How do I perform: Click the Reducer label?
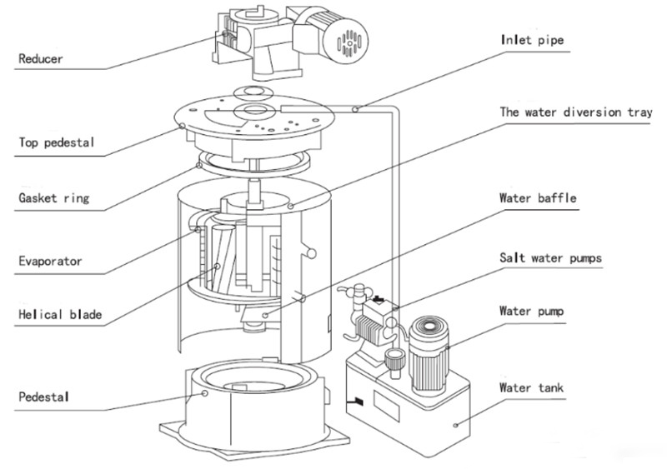tap(40, 58)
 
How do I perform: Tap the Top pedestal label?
tap(56, 142)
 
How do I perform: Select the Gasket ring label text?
tap(54, 198)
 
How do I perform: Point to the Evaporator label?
tap(50, 261)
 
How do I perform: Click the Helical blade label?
tap(60, 315)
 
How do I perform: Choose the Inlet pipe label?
tap(532, 40)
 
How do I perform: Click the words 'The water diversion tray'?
tap(576, 112)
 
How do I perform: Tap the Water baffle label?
tap(538, 198)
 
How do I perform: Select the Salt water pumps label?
tap(550, 258)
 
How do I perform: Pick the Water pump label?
tap(531, 312)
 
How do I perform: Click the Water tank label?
tap(531, 388)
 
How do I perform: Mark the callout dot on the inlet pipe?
tap(355, 109)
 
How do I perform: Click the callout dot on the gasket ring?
tap(199, 165)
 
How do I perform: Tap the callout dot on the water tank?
tap(456, 425)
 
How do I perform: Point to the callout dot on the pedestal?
tap(204, 393)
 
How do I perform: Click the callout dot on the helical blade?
tap(218, 267)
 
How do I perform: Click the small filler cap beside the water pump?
tap(395, 362)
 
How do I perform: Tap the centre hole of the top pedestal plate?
tap(254, 110)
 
